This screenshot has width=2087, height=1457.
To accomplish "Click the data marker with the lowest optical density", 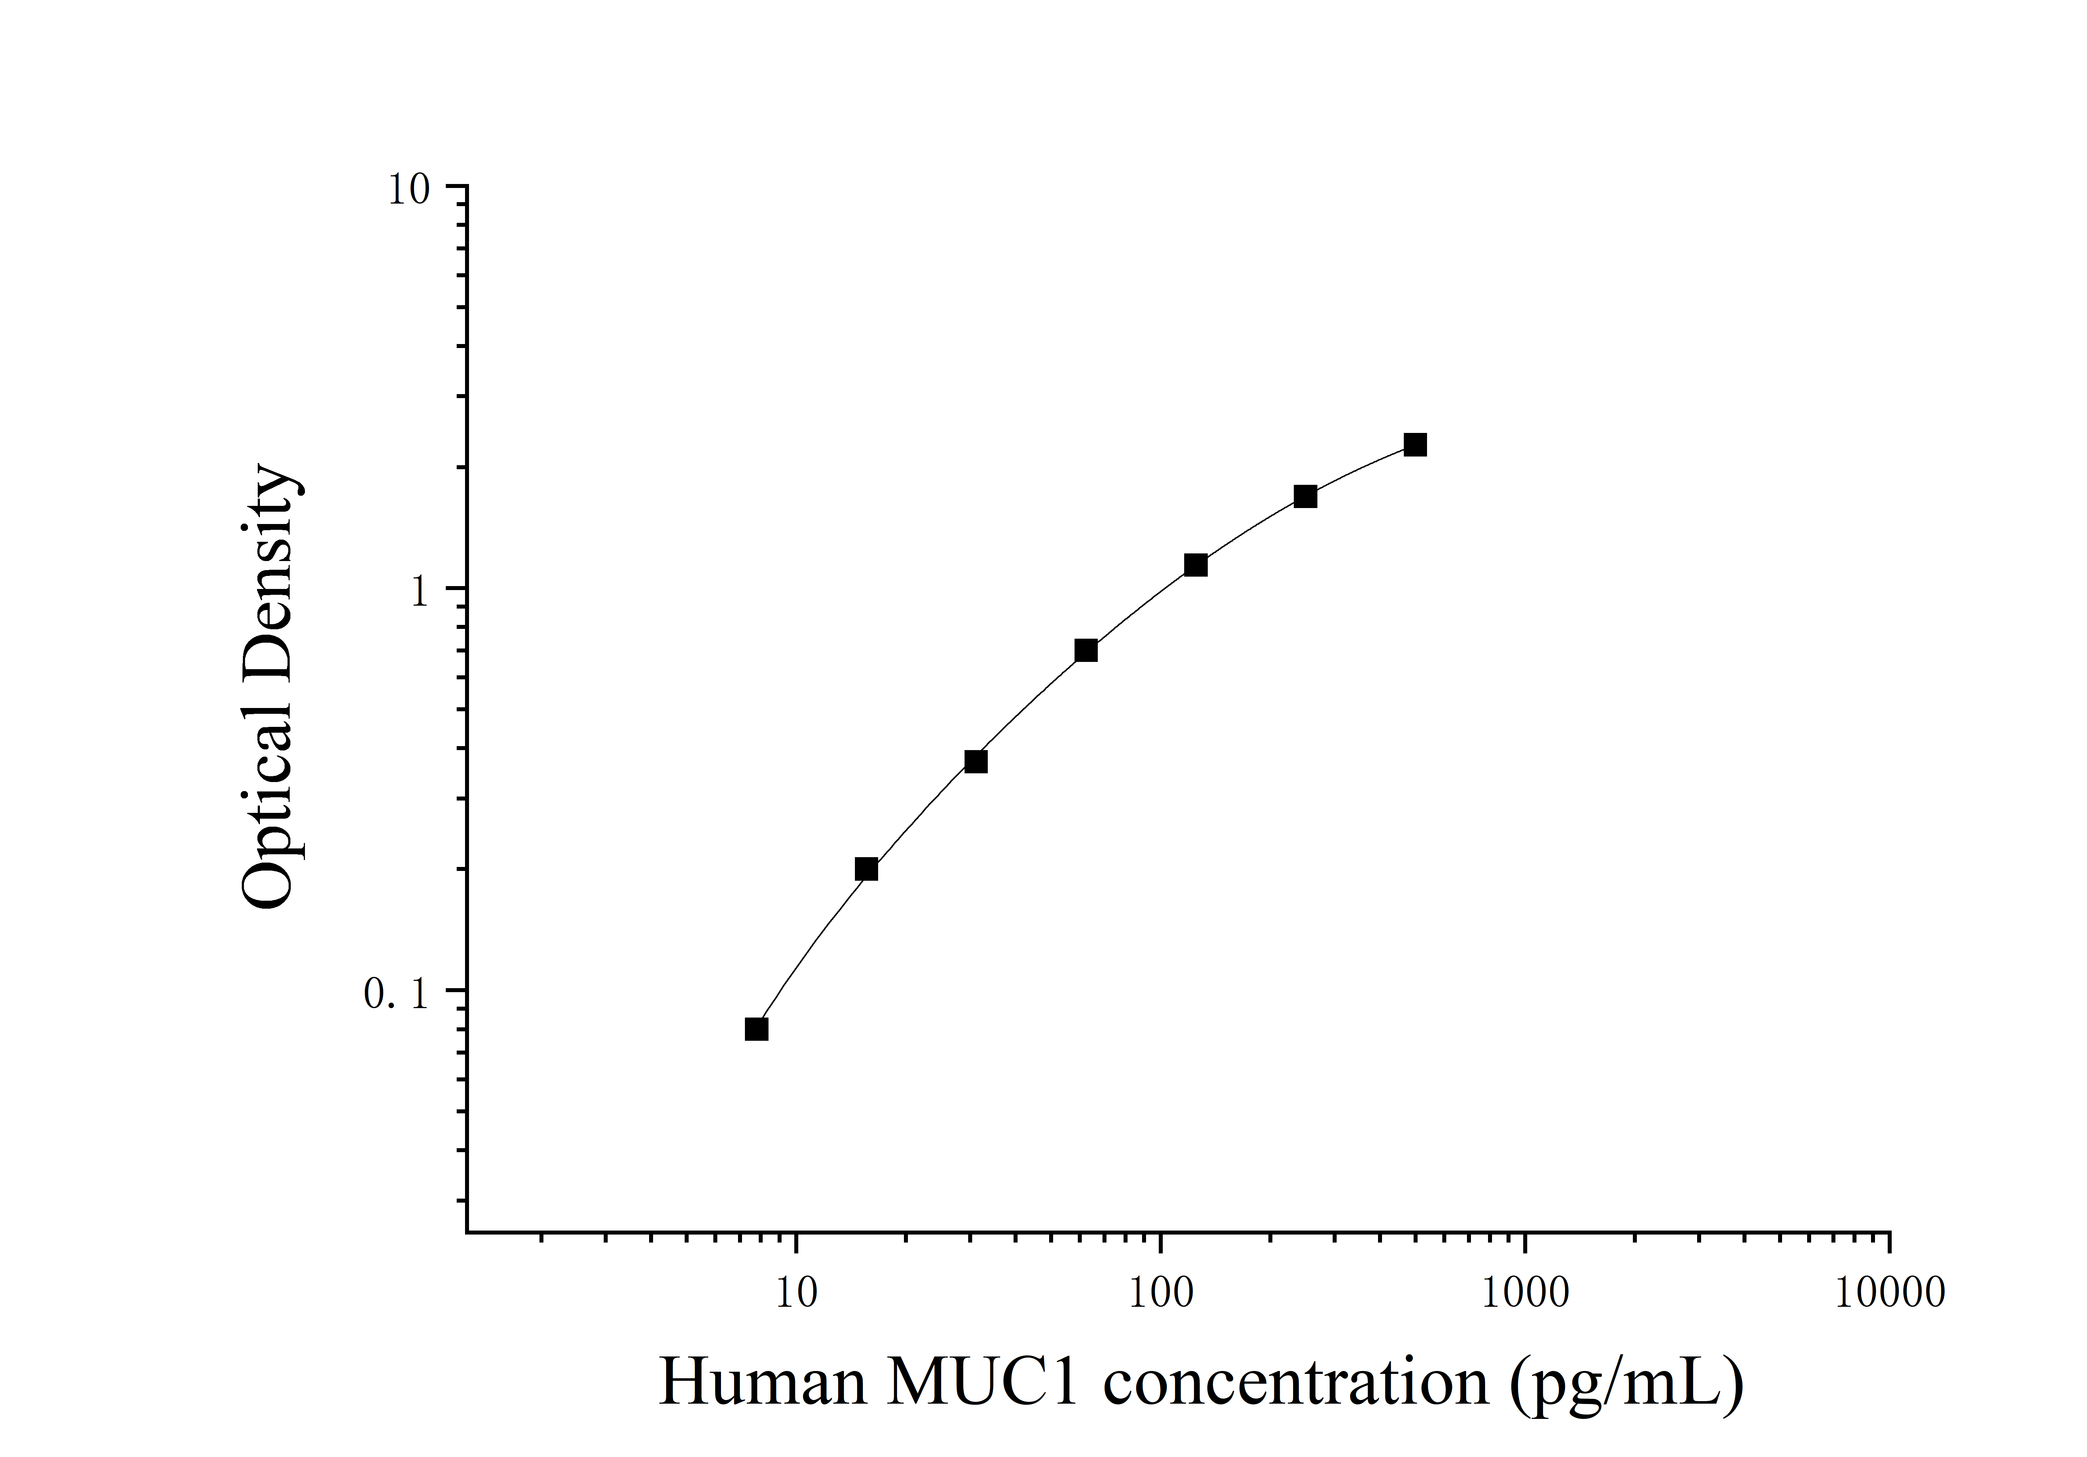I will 756,1029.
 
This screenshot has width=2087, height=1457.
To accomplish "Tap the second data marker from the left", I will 866,869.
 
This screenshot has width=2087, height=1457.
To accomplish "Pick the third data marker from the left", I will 975,761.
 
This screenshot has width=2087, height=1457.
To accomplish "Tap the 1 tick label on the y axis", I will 419,593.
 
